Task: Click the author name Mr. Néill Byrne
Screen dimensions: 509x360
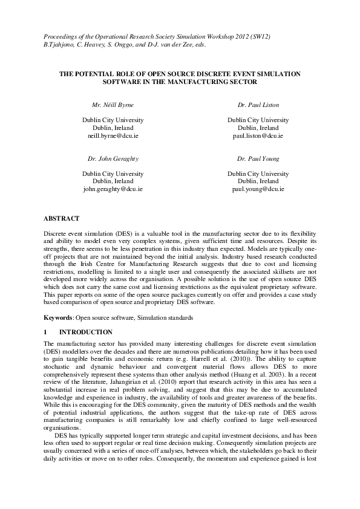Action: coord(113,105)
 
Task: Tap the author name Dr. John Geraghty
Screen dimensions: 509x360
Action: coord(113,158)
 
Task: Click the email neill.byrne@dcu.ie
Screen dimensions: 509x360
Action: coord(113,137)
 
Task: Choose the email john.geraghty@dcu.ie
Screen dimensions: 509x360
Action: coord(113,189)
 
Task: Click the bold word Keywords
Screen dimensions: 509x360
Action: coord(58,317)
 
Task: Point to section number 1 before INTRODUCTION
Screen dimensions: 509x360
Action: coord(46,332)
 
